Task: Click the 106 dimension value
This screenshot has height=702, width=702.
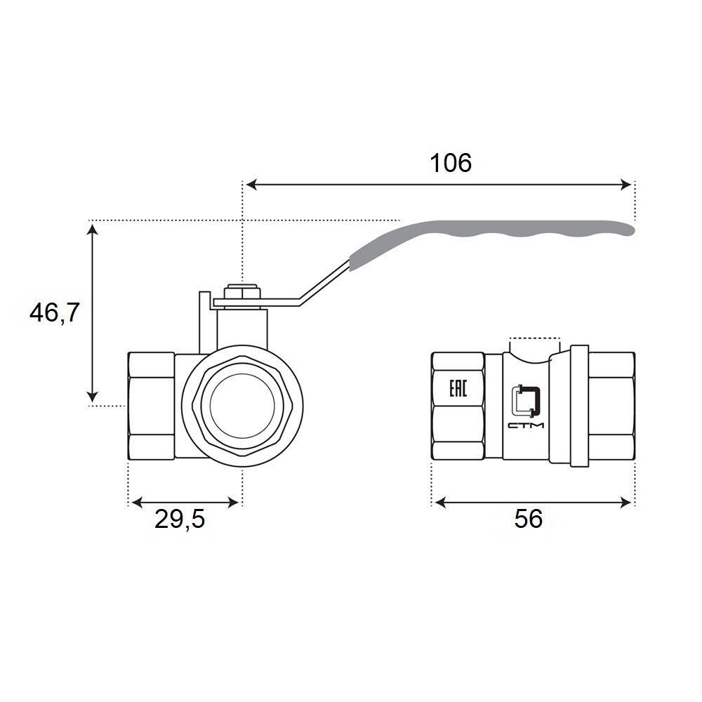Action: coord(451,163)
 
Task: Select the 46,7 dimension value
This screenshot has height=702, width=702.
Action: coord(54,312)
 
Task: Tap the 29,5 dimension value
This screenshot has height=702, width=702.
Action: coord(180,519)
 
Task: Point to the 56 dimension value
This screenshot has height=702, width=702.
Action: coord(529,519)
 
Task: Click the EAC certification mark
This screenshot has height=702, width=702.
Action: coord(458,388)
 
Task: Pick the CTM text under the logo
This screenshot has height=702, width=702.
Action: coord(526,425)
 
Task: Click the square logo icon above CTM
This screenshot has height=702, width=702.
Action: coord(526,399)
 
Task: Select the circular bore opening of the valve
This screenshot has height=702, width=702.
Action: coord(242,406)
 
